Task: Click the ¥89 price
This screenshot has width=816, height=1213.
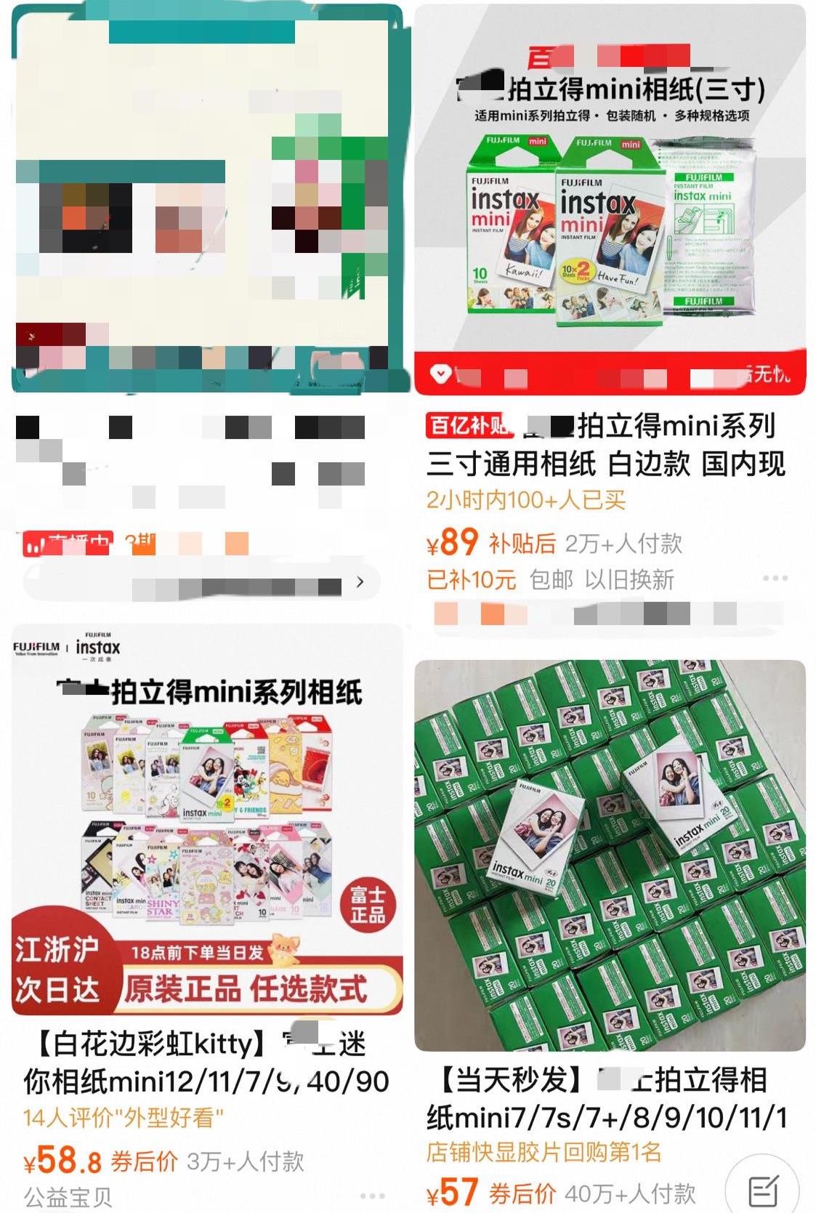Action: (452, 542)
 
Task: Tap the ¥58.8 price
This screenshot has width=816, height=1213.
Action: (62, 1161)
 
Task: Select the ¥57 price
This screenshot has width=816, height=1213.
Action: (452, 1193)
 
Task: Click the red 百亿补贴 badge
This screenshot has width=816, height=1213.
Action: (469, 426)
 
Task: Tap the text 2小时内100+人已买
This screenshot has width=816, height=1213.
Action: (525, 500)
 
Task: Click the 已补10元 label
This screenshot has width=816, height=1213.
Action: (471, 580)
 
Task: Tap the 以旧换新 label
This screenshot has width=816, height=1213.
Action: (629, 580)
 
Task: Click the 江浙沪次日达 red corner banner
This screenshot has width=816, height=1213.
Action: (57, 969)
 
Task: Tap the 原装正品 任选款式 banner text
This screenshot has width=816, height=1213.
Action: (246, 989)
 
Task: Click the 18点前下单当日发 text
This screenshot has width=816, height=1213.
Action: (197, 952)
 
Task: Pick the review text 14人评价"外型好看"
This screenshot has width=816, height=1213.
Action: (123, 1117)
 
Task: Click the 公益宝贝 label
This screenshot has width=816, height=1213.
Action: (68, 1196)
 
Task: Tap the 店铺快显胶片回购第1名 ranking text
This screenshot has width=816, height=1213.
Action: (544, 1152)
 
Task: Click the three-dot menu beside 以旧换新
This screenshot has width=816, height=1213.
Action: (775, 579)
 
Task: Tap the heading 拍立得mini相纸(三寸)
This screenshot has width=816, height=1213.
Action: (636, 89)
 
